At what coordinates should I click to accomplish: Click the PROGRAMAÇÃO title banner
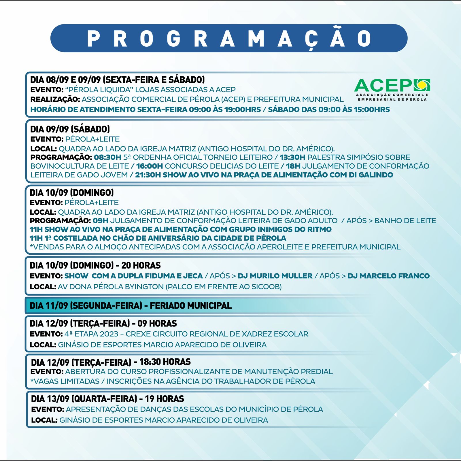229,38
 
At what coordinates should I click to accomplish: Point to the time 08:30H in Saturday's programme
107,157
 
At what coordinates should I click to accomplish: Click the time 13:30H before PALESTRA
292,157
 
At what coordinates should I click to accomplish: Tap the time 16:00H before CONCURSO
149,166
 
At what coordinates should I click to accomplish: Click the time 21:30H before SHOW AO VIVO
148,175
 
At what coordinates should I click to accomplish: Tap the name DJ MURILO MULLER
275,276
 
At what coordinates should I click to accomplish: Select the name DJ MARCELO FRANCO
388,276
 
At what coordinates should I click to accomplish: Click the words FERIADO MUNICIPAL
191,305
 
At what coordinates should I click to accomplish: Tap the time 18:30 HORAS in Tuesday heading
165,362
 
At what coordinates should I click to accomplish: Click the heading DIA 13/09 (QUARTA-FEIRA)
84,399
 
